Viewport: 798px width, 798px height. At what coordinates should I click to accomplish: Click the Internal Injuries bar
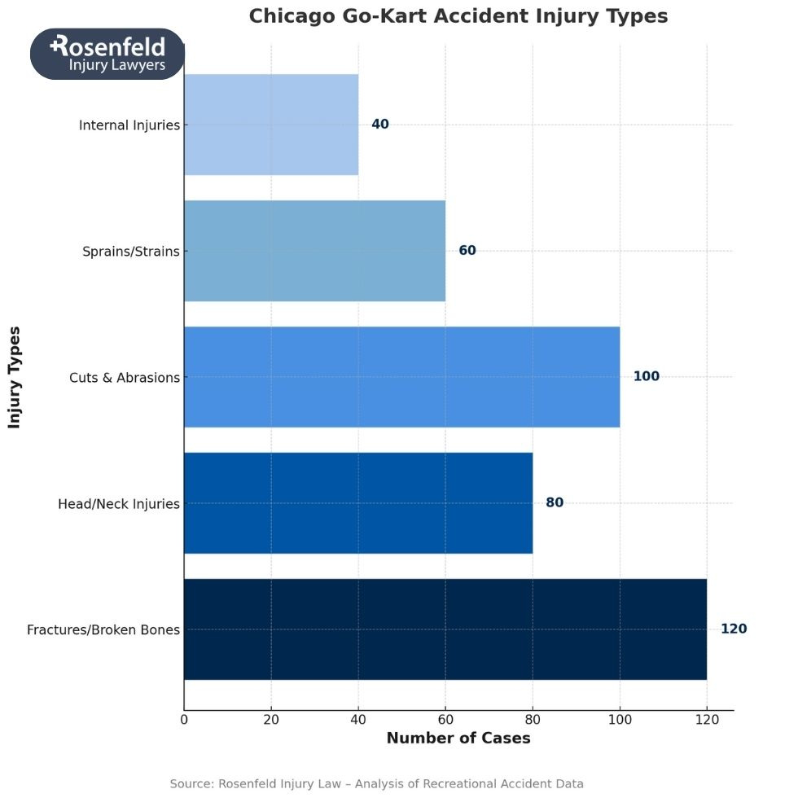pos(271,125)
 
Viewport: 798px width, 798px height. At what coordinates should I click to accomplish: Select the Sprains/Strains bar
pos(314,251)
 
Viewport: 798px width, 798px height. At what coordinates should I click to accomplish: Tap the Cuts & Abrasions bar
pos(401,377)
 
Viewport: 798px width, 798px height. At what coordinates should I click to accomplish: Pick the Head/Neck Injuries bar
pos(358,503)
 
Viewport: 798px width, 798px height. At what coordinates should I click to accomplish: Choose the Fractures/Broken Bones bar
pos(445,629)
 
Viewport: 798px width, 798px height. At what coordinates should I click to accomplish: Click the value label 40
pos(380,125)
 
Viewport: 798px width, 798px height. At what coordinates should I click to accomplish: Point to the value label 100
pos(647,377)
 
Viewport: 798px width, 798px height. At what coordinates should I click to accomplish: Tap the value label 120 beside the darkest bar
pos(734,629)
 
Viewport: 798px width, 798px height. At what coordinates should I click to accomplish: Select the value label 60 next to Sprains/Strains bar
pos(467,251)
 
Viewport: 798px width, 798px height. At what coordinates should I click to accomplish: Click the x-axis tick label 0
pos(184,720)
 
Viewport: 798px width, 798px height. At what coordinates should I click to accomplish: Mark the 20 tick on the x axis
pos(271,720)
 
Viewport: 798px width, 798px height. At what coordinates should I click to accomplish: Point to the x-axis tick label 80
pos(533,720)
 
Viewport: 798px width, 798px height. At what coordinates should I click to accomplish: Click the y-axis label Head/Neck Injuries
pos(119,504)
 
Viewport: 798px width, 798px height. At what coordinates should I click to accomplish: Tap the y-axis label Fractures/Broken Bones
pos(103,630)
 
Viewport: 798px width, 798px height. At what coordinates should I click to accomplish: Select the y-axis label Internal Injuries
pos(129,125)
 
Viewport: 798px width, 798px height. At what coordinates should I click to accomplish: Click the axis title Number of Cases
pos(458,739)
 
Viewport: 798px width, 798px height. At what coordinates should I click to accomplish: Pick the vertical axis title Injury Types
pos(15,377)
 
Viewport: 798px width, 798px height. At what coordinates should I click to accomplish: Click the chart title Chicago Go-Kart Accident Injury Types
pos(458,16)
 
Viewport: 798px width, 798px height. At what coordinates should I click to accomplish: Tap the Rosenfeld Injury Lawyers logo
pos(107,54)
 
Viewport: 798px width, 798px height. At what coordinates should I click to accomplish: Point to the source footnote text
pos(376,783)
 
